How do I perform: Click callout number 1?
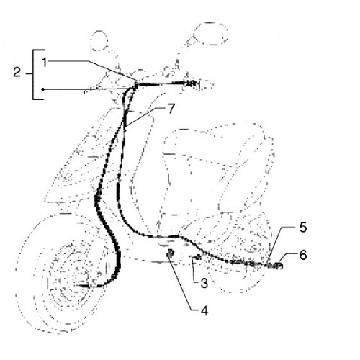click(45, 62)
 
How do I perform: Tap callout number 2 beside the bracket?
click(17, 72)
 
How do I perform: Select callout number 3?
click(204, 283)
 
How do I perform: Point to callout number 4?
click(204, 310)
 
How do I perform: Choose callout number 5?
click(303, 227)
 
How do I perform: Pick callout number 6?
click(303, 255)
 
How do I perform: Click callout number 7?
click(171, 109)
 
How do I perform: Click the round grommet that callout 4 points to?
click(170, 253)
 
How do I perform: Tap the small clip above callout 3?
click(197, 257)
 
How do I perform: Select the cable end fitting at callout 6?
click(278, 266)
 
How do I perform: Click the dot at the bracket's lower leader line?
click(42, 89)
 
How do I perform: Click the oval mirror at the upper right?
click(210, 34)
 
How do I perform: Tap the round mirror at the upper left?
click(99, 41)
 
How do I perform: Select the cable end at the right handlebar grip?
click(192, 84)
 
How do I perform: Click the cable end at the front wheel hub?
click(84, 286)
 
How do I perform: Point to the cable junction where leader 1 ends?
click(136, 84)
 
